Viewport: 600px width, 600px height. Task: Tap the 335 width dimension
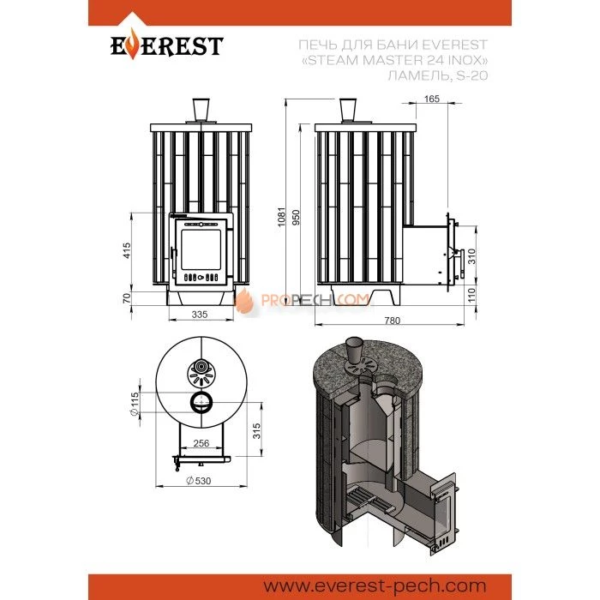[200, 315]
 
